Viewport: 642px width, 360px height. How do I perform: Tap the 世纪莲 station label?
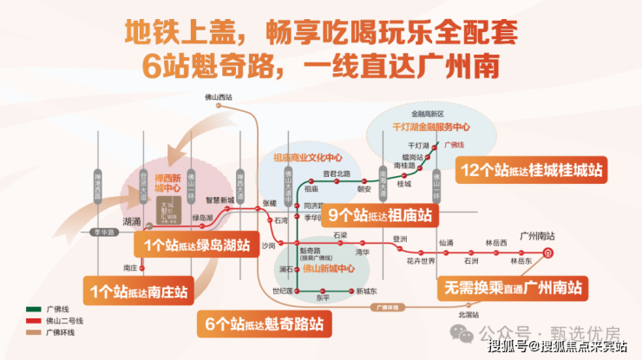pyautogui.click(x=283, y=291)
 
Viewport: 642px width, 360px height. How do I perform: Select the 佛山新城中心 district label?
pyautogui.click(x=315, y=268)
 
